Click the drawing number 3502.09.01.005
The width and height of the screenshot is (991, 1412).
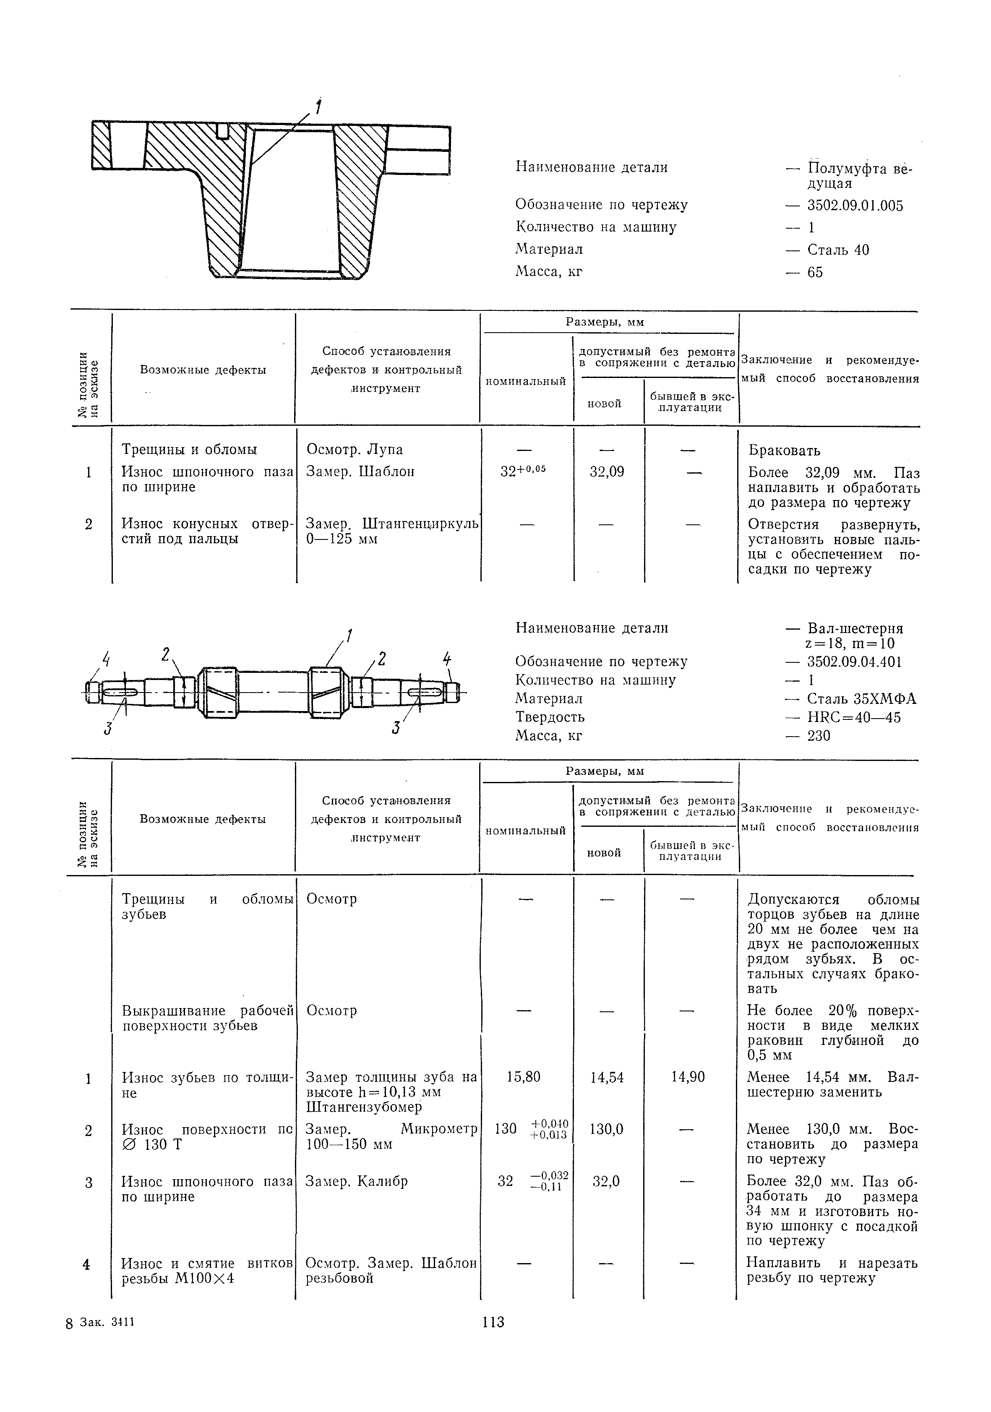click(855, 206)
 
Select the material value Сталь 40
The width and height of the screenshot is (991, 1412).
click(838, 250)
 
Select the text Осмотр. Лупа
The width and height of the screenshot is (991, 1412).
click(355, 450)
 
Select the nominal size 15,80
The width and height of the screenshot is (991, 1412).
click(524, 1077)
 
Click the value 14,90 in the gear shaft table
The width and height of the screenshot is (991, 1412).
click(688, 1077)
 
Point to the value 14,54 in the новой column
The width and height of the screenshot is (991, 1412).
click(607, 1077)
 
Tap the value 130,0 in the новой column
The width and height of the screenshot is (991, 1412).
click(607, 1129)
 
